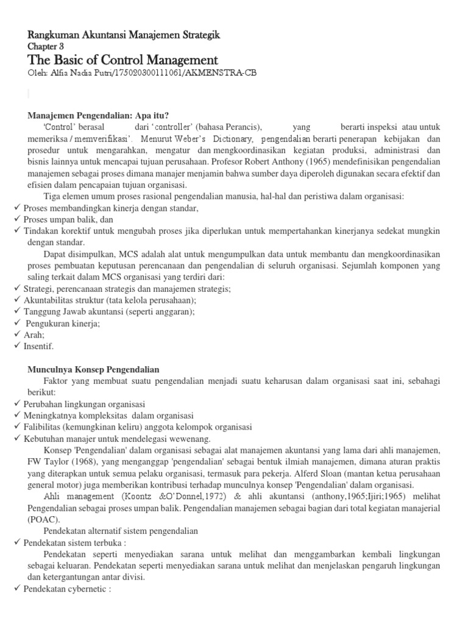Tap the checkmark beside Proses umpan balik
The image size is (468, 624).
click(x=18, y=219)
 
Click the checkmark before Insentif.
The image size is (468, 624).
click(x=18, y=346)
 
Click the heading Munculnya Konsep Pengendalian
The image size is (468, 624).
click(x=93, y=369)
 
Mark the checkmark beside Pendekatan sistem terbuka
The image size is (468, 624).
click(x=18, y=542)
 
